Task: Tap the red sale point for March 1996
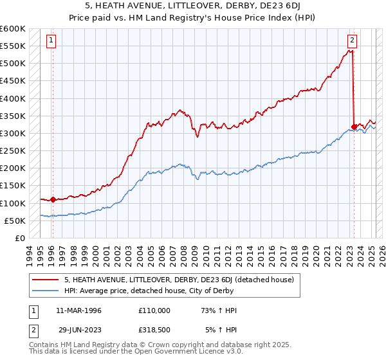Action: [x=53, y=199]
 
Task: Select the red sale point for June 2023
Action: [x=354, y=127]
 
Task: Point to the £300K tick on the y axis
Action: [x=13, y=133]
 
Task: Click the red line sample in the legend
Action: [x=46, y=280]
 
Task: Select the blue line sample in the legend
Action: [x=46, y=291]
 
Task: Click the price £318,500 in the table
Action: [x=154, y=330]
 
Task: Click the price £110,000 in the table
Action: [x=154, y=310]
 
